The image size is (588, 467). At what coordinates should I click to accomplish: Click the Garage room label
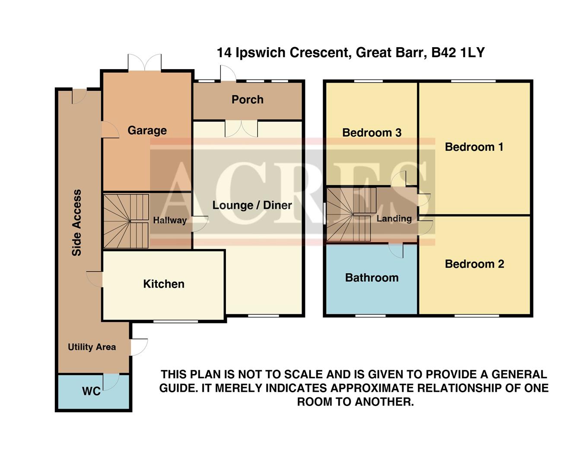(x=147, y=130)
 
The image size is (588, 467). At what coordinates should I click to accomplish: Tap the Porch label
(x=247, y=99)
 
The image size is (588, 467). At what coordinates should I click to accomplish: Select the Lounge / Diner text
(x=252, y=205)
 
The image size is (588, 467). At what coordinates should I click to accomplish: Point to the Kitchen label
(x=164, y=284)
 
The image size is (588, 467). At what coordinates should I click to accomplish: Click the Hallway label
(x=170, y=220)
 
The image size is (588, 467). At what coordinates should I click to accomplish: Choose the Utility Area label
(x=92, y=347)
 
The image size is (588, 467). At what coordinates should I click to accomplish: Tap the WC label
(x=91, y=391)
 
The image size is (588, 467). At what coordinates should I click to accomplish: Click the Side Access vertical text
(x=76, y=223)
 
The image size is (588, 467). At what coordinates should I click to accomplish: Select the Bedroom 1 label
(x=474, y=147)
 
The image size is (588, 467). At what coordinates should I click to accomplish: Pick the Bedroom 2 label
(x=474, y=264)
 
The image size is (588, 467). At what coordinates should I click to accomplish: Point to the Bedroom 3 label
(x=372, y=132)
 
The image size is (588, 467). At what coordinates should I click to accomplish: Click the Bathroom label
(x=372, y=278)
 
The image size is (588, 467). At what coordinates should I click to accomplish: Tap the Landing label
(x=394, y=218)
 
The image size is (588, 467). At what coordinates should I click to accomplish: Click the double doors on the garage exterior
(x=145, y=63)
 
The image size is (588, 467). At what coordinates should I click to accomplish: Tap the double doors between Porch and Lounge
(x=241, y=128)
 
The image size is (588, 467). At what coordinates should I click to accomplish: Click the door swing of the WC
(x=111, y=381)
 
